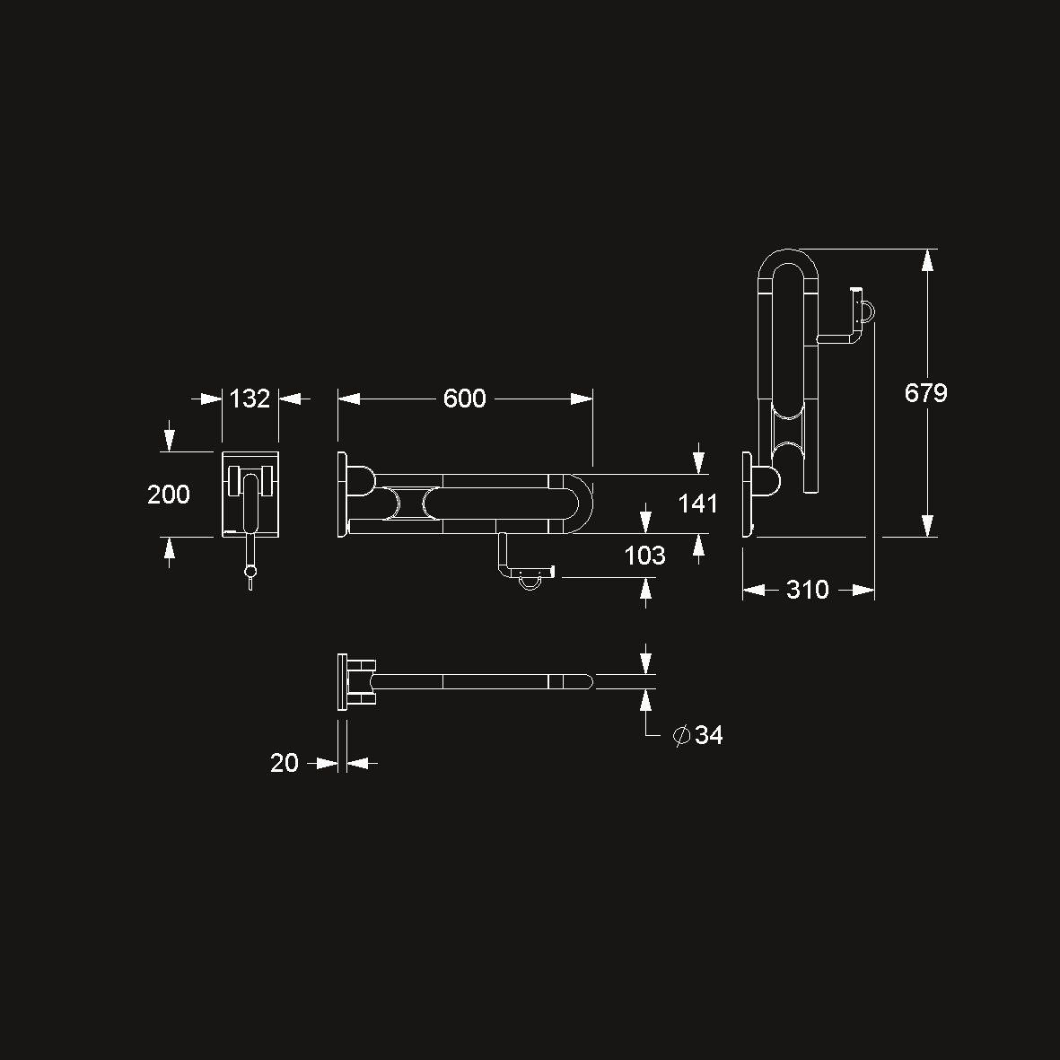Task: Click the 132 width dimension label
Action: pyautogui.click(x=250, y=399)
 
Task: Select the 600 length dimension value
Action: pyautogui.click(x=464, y=399)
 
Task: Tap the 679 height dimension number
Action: pyautogui.click(x=925, y=393)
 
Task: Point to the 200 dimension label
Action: pyautogui.click(x=169, y=495)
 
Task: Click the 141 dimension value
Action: pyautogui.click(x=698, y=504)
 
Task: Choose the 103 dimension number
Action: pyautogui.click(x=644, y=556)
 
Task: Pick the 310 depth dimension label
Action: pyautogui.click(x=807, y=590)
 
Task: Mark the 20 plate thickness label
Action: pyautogui.click(x=284, y=763)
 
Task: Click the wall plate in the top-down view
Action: pyautogui.click(x=342, y=683)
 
